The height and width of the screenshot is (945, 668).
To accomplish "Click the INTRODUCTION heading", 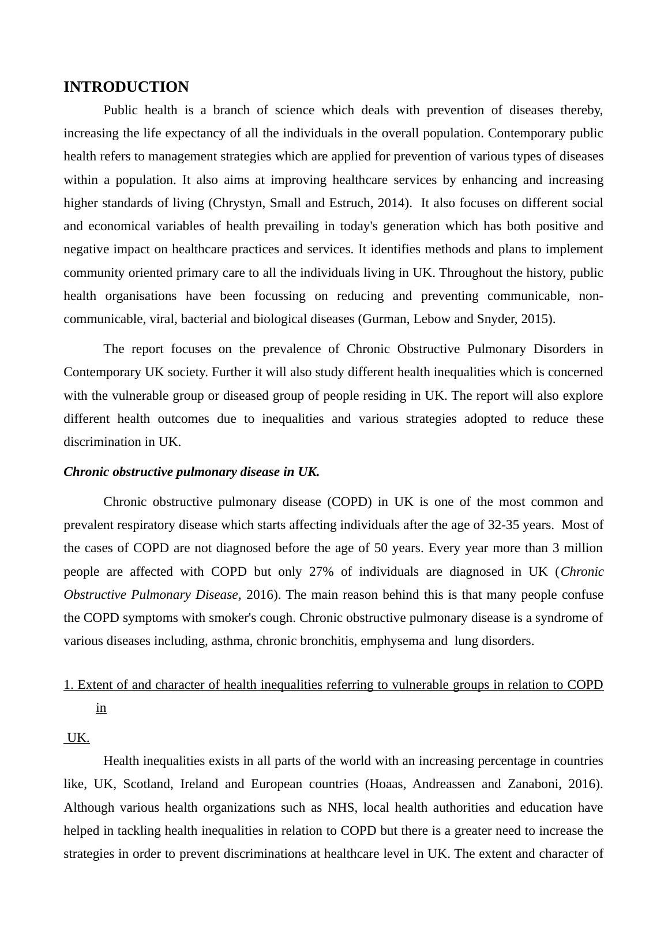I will pyautogui.click(x=126, y=87).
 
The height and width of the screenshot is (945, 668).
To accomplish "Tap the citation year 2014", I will pyautogui.click(x=392, y=203).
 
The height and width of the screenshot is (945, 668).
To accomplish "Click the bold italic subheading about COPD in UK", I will pyautogui.click(x=192, y=472).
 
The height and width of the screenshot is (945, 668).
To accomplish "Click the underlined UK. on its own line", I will pyautogui.click(x=78, y=738).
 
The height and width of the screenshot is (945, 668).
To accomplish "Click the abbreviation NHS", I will pyautogui.click(x=340, y=808).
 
